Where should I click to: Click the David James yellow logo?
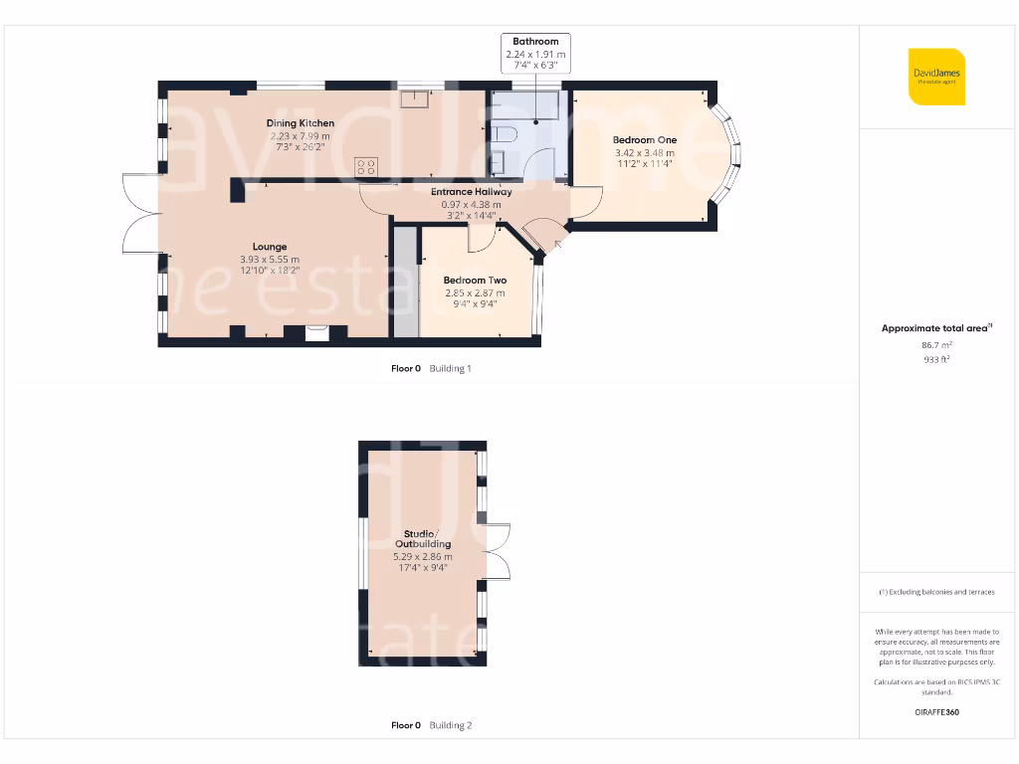[x=936, y=77]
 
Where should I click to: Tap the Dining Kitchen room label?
[x=300, y=123]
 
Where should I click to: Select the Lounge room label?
[x=269, y=247]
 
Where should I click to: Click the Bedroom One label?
[x=645, y=140]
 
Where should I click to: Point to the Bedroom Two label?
[x=474, y=281]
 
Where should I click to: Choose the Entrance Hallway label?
[x=471, y=192]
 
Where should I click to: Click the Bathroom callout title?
[x=535, y=42]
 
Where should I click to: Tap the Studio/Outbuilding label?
[x=427, y=539]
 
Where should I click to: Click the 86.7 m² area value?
[x=936, y=345]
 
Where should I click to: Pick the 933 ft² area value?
[x=936, y=359]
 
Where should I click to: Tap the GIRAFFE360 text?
[x=936, y=712]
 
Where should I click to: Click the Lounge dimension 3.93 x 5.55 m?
[x=269, y=260]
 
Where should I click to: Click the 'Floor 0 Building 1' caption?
[x=431, y=369]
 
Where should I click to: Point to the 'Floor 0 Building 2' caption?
[x=431, y=726]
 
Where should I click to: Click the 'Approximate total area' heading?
[x=936, y=328]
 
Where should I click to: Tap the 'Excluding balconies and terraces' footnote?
[x=936, y=592]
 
